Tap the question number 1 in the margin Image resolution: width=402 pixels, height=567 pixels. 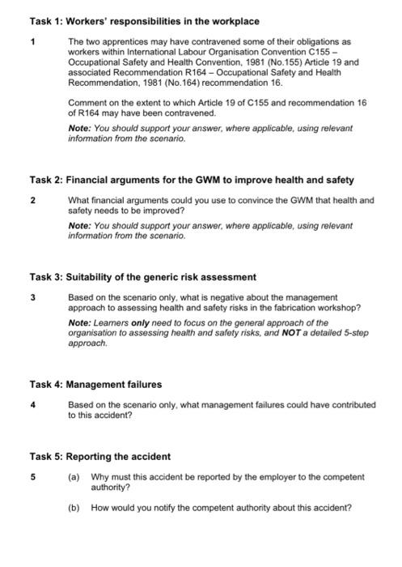[x=34, y=40]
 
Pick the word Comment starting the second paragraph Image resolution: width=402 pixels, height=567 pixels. [x=87, y=102]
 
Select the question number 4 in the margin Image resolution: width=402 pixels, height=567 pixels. [x=34, y=403]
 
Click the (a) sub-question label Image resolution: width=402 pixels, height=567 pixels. [x=74, y=477]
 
